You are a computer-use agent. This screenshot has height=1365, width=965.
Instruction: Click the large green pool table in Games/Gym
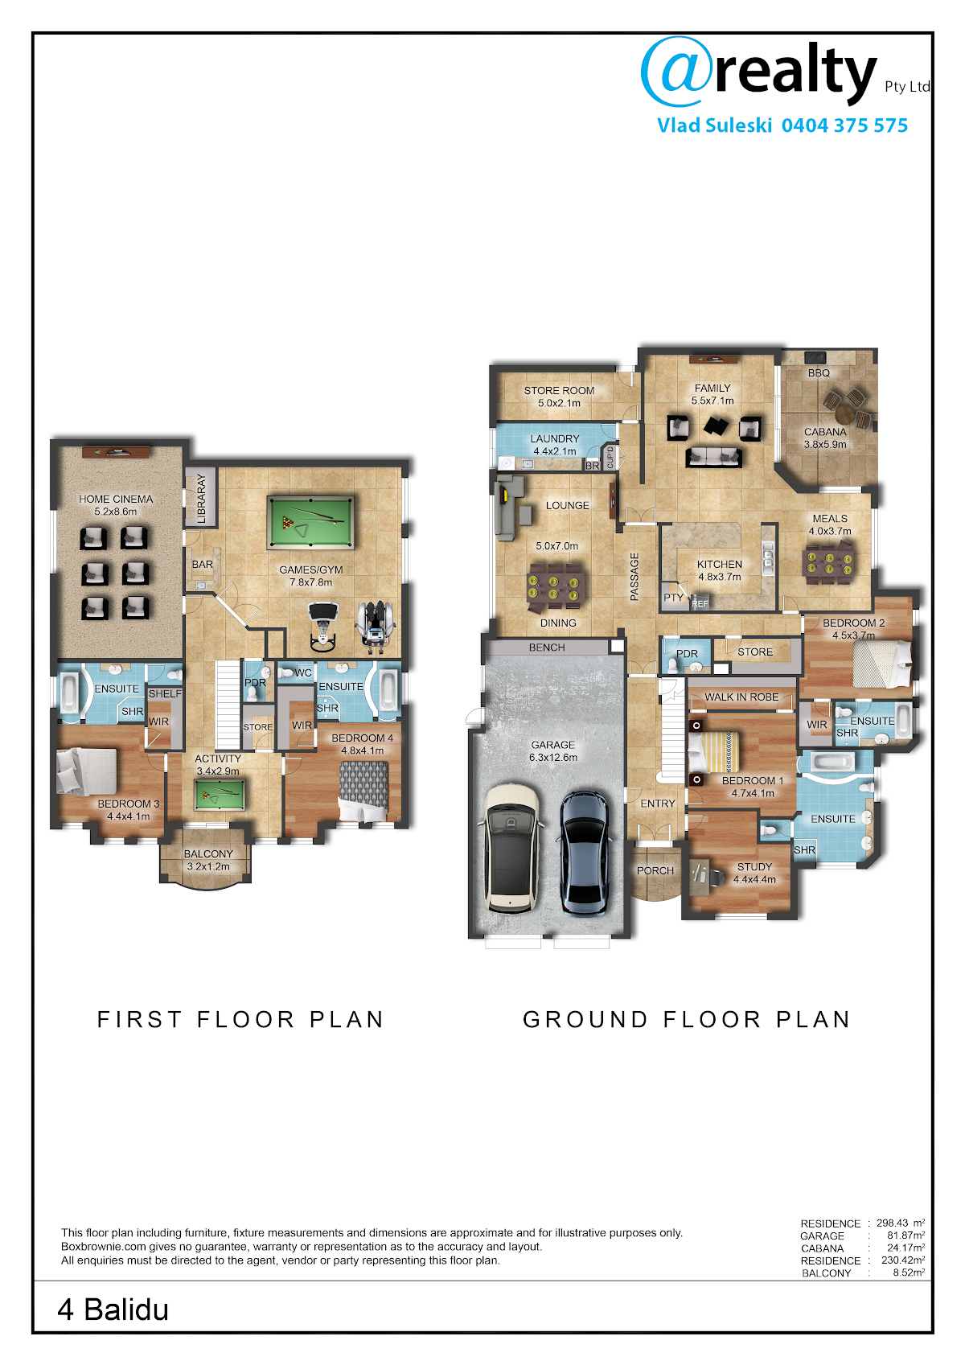tap(310, 522)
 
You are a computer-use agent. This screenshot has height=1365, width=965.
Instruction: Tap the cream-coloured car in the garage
tap(511, 848)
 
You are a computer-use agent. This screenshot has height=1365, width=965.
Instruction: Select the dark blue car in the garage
tap(585, 853)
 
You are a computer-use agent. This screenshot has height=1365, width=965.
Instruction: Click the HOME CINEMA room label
tap(116, 499)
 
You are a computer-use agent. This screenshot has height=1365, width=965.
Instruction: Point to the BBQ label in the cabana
tap(819, 373)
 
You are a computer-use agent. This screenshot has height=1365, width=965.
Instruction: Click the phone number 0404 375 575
tap(844, 125)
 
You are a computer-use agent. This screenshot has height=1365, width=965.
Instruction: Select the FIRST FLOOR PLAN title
tap(240, 1019)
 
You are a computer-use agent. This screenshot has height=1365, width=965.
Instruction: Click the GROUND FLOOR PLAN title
tap(687, 1019)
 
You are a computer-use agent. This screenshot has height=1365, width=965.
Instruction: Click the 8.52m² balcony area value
tap(909, 1272)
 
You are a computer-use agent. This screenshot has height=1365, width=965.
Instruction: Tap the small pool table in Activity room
tap(220, 795)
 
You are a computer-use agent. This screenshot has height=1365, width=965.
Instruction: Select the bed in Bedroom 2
tap(881, 664)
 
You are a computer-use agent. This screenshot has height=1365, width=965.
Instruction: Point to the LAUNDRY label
tap(554, 438)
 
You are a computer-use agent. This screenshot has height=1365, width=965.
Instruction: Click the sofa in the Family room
tap(713, 457)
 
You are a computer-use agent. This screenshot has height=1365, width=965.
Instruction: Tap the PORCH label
tap(655, 871)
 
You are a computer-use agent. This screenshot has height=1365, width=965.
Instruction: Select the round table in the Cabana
tap(845, 413)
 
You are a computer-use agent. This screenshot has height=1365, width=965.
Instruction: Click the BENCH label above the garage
tap(547, 648)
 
